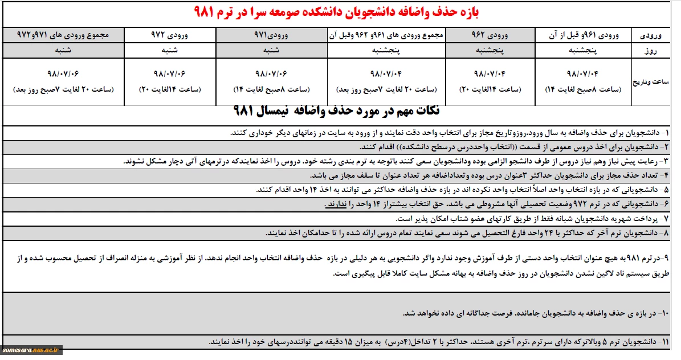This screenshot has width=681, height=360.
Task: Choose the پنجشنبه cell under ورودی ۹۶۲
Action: (x=490, y=50)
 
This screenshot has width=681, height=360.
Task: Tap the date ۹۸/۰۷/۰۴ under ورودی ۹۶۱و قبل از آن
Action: (x=584, y=74)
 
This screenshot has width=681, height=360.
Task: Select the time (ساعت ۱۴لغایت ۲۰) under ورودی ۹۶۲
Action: (x=490, y=89)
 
